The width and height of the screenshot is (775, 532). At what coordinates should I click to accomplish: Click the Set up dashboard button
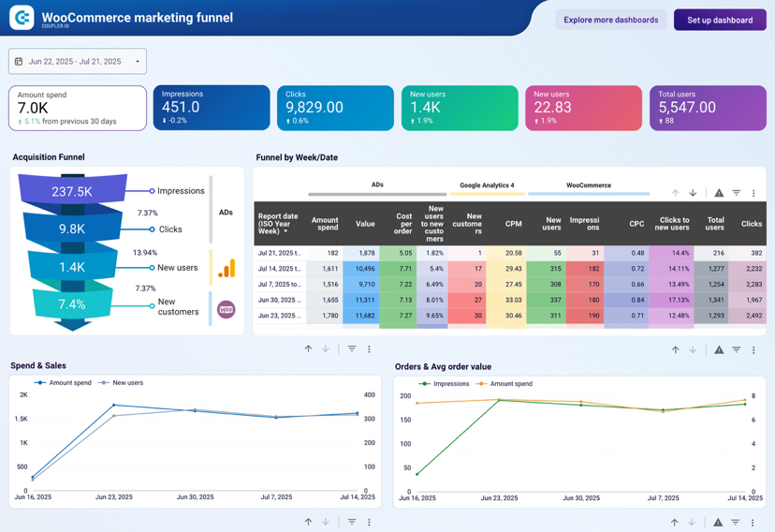(x=720, y=20)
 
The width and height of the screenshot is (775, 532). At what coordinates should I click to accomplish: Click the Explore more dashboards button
(x=610, y=20)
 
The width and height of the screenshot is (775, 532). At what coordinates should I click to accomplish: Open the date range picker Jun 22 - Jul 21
(x=78, y=62)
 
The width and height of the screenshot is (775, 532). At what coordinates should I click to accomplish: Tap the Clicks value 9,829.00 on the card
(x=314, y=108)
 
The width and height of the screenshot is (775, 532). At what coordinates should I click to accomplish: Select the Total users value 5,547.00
(x=687, y=108)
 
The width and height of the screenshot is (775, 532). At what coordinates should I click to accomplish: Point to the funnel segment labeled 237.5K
(x=72, y=191)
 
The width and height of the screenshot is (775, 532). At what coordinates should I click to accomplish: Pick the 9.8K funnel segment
(x=72, y=229)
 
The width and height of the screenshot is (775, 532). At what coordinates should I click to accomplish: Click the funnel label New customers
(x=178, y=307)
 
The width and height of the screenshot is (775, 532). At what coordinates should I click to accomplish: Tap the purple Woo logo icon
(x=227, y=309)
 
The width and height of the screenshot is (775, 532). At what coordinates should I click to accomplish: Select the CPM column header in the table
(x=513, y=224)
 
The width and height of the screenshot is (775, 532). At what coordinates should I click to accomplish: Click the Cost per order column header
(x=403, y=224)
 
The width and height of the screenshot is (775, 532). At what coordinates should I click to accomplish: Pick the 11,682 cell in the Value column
(x=365, y=316)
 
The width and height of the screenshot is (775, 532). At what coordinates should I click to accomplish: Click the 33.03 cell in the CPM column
(x=513, y=300)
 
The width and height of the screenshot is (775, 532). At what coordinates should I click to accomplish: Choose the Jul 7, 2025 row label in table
(x=280, y=284)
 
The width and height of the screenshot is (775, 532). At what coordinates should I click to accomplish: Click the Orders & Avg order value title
(x=443, y=367)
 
